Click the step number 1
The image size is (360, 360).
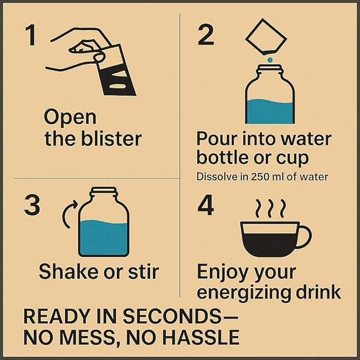(x=31, y=35)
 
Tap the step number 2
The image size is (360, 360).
(x=206, y=35)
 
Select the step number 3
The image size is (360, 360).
(x=32, y=205)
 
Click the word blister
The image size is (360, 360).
(x=111, y=138)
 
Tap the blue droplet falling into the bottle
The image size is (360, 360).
(x=270, y=60)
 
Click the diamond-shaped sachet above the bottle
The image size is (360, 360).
(x=266, y=37)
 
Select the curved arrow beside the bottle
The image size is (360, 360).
(x=70, y=214)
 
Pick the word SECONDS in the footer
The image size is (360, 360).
(x=172, y=317)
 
